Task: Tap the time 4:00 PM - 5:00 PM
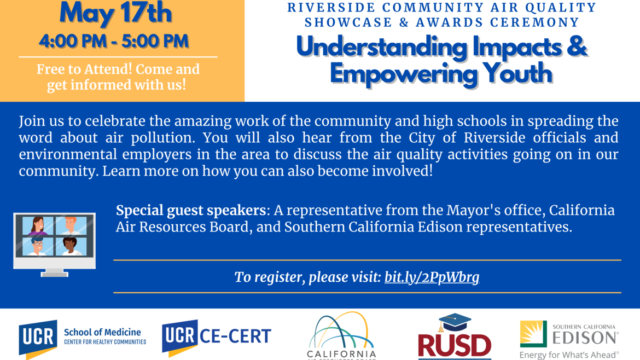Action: click(114, 41)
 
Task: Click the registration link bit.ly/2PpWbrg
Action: click(432, 277)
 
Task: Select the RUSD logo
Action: click(454, 345)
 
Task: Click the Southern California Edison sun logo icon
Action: click(533, 334)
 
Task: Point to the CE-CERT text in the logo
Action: click(235, 335)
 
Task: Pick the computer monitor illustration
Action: click(54, 243)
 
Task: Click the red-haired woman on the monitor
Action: click(38, 226)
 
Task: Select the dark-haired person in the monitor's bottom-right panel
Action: click(70, 246)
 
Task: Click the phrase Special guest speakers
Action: click(191, 211)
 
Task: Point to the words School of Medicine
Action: click(102, 332)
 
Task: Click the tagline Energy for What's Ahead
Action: click(569, 355)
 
